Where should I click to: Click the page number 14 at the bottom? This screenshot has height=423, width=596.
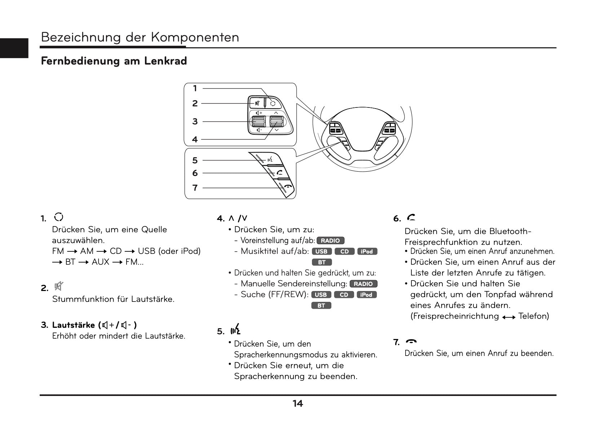[297, 404]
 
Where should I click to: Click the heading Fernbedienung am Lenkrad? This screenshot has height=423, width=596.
[114, 61]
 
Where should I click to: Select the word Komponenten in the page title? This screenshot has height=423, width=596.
[195, 37]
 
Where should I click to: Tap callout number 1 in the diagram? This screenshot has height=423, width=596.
[195, 88]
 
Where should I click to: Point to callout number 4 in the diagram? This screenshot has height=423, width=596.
[195, 139]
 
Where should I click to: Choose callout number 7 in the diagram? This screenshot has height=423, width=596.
[195, 188]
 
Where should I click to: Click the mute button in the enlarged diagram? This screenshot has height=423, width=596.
[257, 103]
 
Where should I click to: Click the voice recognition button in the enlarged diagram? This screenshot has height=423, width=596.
[269, 160]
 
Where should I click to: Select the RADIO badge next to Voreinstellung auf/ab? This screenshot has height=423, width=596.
[330, 241]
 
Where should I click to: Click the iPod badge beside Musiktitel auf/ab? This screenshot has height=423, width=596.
[367, 251]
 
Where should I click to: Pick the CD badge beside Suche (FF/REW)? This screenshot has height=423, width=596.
[344, 295]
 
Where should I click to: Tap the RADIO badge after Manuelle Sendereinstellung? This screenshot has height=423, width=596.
[363, 284]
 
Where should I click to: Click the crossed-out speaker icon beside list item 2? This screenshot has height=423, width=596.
[58, 287]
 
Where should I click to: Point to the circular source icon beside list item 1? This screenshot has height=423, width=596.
[58, 217]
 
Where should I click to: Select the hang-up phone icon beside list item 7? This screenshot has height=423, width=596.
[411, 342]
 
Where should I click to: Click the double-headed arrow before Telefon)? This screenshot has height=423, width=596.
[508, 317]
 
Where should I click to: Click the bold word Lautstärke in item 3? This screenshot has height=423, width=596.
[74, 325]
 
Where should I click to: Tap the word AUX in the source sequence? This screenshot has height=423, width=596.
[100, 262]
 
